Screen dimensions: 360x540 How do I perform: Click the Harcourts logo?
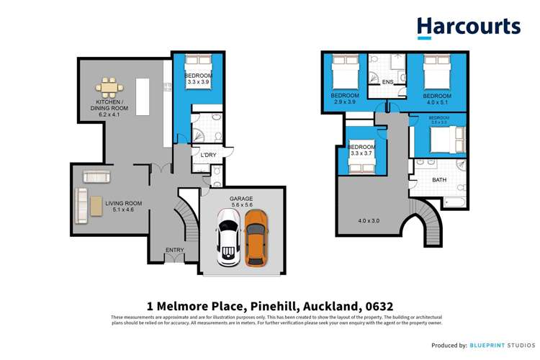[468, 27]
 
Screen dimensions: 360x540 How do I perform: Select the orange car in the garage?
[256, 238]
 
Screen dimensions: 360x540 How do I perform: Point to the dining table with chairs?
[109, 89]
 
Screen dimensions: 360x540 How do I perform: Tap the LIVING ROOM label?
[123, 204]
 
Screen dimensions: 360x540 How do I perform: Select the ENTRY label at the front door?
[174, 250]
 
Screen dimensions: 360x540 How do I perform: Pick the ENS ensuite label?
[387, 82]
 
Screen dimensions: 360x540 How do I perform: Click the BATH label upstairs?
[439, 179]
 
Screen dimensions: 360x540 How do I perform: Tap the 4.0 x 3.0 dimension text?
[367, 220]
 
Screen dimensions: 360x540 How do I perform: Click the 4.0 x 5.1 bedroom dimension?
[437, 103]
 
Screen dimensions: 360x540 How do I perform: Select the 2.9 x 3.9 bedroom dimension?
[344, 102]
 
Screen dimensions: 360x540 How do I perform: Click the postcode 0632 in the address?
[377, 305]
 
